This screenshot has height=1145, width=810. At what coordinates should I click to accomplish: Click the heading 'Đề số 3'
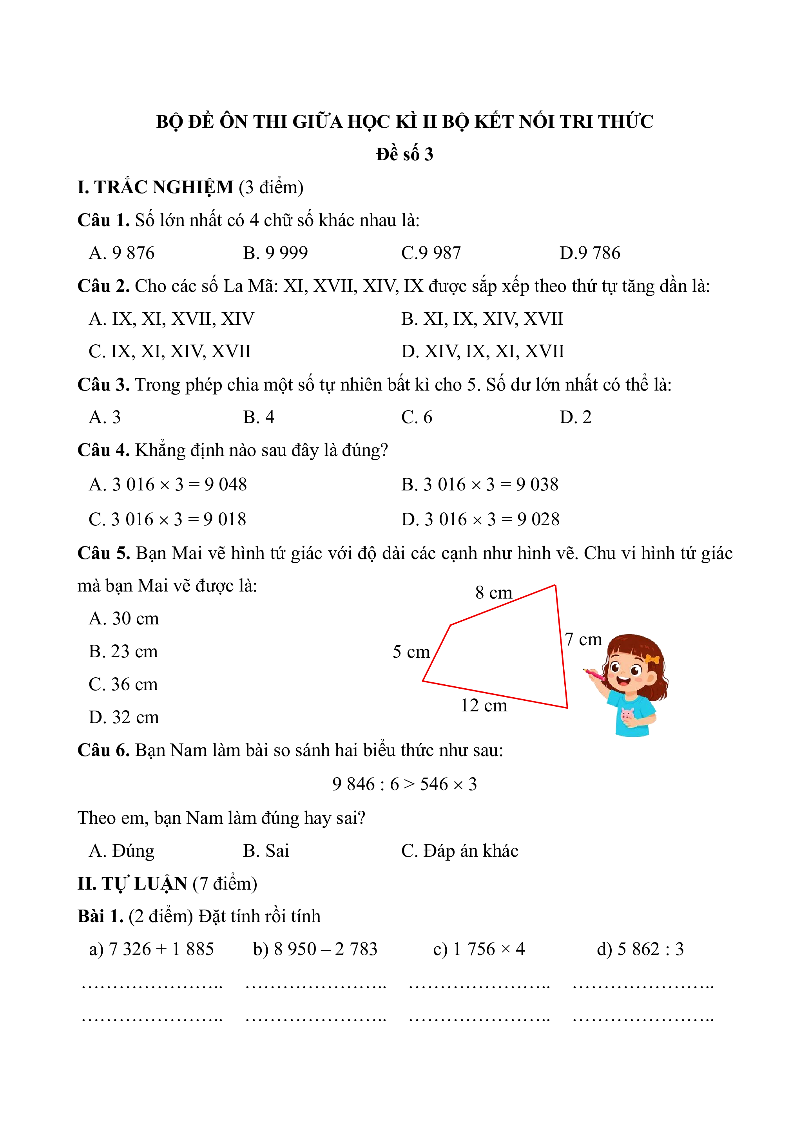[404, 154]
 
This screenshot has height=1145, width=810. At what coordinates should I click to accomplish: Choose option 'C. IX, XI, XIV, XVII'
[170, 352]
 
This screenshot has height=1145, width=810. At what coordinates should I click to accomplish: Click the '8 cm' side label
[493, 592]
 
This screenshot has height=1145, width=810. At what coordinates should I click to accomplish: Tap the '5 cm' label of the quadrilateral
[411, 652]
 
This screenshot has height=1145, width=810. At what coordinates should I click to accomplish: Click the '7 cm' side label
[583, 639]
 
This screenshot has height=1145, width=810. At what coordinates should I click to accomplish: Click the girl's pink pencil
[594, 674]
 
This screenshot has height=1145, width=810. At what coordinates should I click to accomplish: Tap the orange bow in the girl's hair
[652, 659]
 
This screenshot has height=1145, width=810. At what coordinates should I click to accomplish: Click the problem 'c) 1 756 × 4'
[479, 949]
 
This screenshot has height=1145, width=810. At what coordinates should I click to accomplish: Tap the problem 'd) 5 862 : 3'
[640, 949]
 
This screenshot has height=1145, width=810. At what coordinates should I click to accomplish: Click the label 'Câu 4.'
[103, 450]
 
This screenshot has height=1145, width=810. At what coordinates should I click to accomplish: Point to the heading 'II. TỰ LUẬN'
[132, 884]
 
